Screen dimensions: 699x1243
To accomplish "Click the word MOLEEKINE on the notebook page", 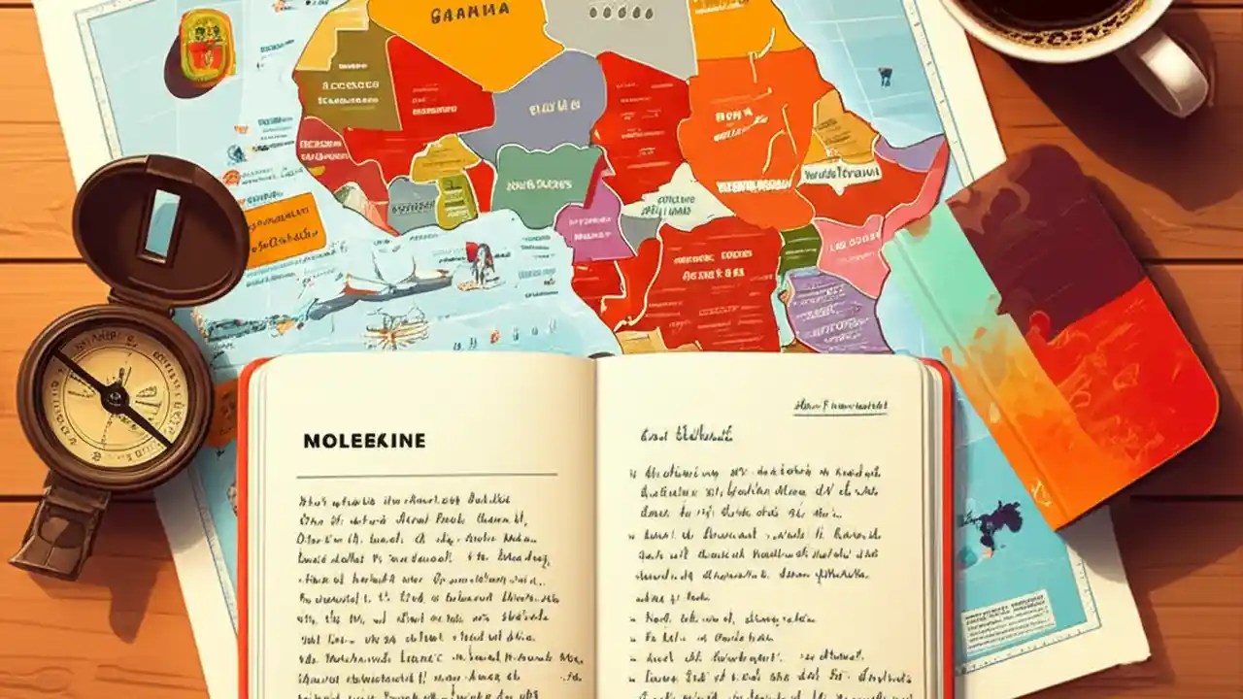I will pyautogui.click(x=364, y=441).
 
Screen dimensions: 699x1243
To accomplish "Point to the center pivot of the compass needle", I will pyautogui.click(x=115, y=396).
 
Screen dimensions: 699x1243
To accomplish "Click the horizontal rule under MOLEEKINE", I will pyautogui.click(x=427, y=475).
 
